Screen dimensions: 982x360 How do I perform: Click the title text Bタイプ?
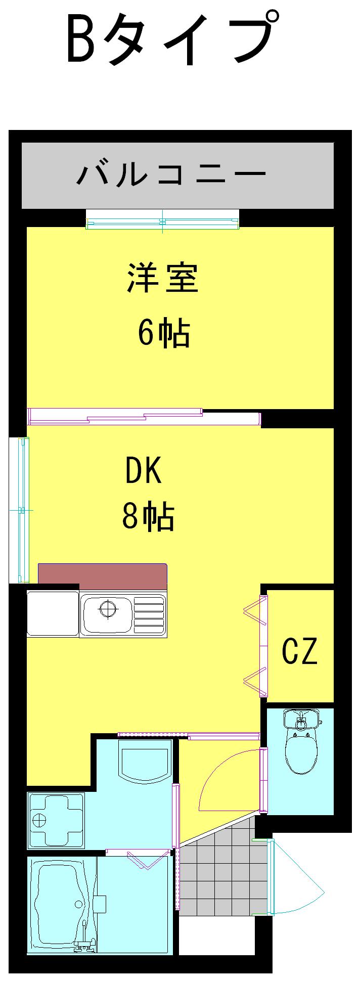(172, 39)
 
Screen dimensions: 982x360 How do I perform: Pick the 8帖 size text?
(148, 516)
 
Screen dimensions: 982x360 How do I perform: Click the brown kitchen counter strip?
(103, 576)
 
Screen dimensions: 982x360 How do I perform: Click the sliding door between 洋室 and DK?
(144, 417)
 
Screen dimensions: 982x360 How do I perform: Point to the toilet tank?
(301, 718)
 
